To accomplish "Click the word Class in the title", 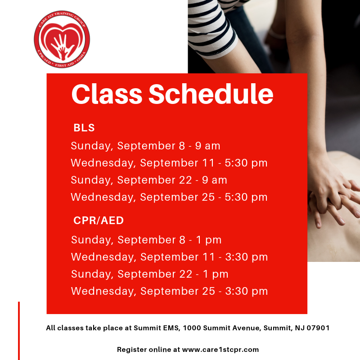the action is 107,94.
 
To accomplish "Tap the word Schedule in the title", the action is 211,94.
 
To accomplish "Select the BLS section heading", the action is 84,128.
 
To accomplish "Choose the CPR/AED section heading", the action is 99,220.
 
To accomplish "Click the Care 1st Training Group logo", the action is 62,39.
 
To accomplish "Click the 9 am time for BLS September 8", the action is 207,146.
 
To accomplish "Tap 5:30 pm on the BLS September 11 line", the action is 246,163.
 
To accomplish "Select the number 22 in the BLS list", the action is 185,180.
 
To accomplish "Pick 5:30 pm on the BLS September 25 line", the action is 246,197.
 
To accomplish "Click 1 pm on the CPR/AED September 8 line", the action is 209,240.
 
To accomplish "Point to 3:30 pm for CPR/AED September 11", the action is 246,257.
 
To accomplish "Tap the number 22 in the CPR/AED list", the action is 186,274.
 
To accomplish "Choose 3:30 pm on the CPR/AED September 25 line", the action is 246,291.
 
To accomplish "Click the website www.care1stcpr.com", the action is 220,350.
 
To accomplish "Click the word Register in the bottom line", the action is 132,350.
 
